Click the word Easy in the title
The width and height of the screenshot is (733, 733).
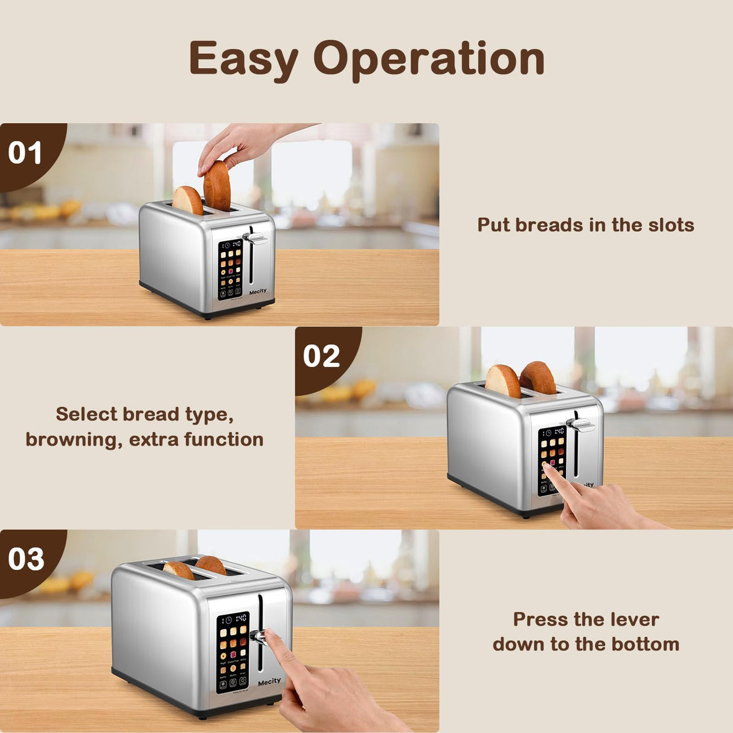244,59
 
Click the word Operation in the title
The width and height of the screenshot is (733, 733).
429,59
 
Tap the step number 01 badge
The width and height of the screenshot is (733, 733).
25,153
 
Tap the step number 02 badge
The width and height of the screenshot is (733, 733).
321,356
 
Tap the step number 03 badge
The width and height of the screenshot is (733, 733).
26,559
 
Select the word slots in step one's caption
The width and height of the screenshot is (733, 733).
671,225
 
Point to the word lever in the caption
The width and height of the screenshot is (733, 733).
634,619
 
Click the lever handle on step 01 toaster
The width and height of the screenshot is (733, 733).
256,239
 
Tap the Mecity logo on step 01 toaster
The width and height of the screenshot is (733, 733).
258,291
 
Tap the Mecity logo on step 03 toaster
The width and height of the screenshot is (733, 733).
269,682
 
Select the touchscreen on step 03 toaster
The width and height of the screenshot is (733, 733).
233,652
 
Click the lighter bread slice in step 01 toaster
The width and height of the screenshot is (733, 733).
188,200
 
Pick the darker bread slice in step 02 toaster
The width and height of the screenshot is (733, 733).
539,377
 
